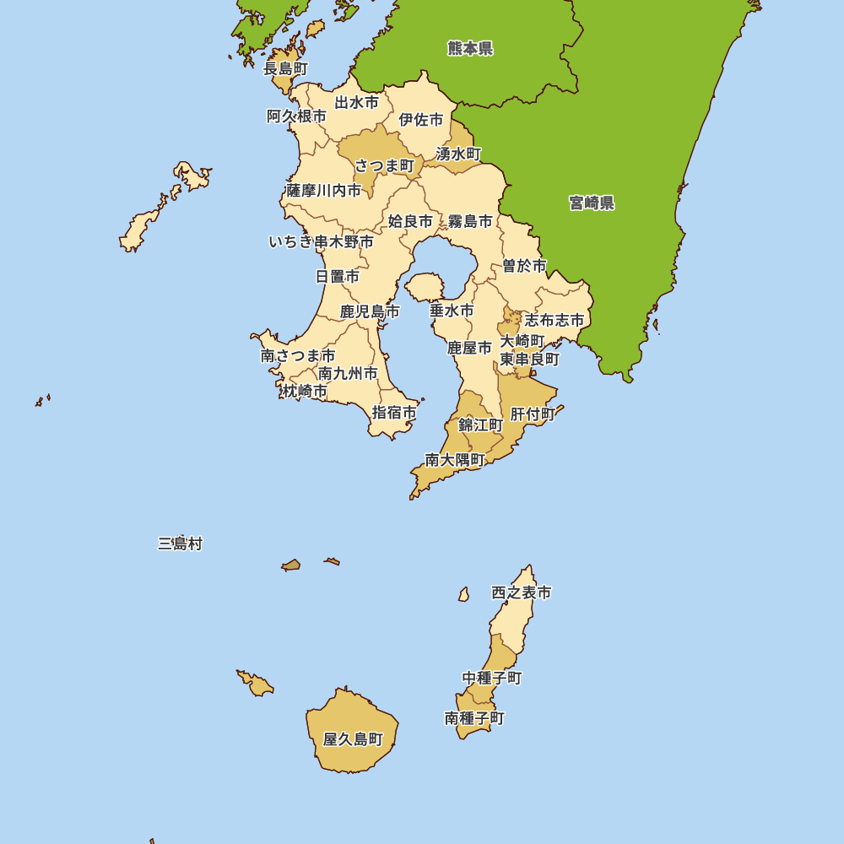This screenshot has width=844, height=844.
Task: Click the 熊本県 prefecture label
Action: [x=470, y=48]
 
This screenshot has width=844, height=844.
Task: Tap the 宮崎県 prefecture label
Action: [x=592, y=203]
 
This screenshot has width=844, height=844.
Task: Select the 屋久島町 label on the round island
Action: [x=353, y=739]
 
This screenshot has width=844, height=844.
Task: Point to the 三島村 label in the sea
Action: [x=180, y=544]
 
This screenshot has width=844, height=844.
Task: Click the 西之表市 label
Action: [x=522, y=592]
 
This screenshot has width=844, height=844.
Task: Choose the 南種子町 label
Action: [x=474, y=718]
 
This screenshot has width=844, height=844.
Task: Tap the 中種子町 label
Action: [x=492, y=678]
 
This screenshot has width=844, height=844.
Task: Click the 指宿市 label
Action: [x=395, y=413]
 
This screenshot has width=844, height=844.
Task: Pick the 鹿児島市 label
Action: [x=370, y=311]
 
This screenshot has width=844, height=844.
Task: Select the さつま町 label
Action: [x=385, y=165]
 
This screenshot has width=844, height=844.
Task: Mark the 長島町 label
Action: [x=285, y=68]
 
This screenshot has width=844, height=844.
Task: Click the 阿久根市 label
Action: [x=296, y=116]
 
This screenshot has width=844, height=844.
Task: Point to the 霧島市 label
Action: [x=470, y=221]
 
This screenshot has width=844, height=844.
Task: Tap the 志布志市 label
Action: [x=555, y=320]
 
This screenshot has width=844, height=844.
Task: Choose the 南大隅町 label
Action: [x=455, y=460]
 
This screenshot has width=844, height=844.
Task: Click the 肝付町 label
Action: [x=533, y=414]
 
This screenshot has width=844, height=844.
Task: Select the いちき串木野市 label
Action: [x=322, y=242]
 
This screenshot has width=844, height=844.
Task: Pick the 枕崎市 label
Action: [x=305, y=391]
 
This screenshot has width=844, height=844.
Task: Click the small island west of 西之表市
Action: [x=463, y=594]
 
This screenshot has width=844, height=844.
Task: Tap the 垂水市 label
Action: [x=452, y=311]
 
